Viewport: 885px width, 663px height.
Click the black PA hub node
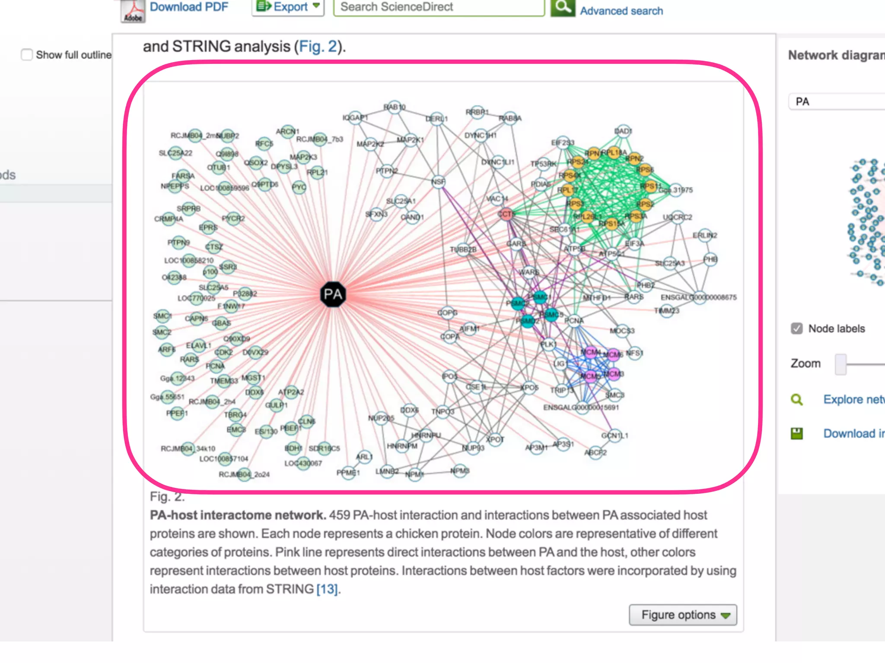click(333, 294)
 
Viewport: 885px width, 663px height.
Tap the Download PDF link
click(189, 7)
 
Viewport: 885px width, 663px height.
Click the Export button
click(288, 7)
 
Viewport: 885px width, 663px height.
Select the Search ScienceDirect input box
click(439, 7)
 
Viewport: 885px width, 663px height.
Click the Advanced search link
click(621, 11)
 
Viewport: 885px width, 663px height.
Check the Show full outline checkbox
click(27, 55)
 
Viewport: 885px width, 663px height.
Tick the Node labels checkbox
click(797, 328)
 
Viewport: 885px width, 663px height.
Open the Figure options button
click(683, 615)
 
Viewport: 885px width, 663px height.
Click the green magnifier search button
click(563, 7)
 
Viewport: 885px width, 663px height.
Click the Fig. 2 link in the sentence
click(318, 47)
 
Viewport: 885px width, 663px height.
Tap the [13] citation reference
click(327, 589)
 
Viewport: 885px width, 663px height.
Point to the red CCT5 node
click(506, 214)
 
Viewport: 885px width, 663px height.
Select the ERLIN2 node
click(704, 236)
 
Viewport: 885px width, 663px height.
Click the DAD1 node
click(623, 131)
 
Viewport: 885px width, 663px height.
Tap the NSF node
click(438, 182)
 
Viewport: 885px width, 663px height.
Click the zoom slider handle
click(840, 364)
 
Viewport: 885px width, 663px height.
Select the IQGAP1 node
click(355, 118)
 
